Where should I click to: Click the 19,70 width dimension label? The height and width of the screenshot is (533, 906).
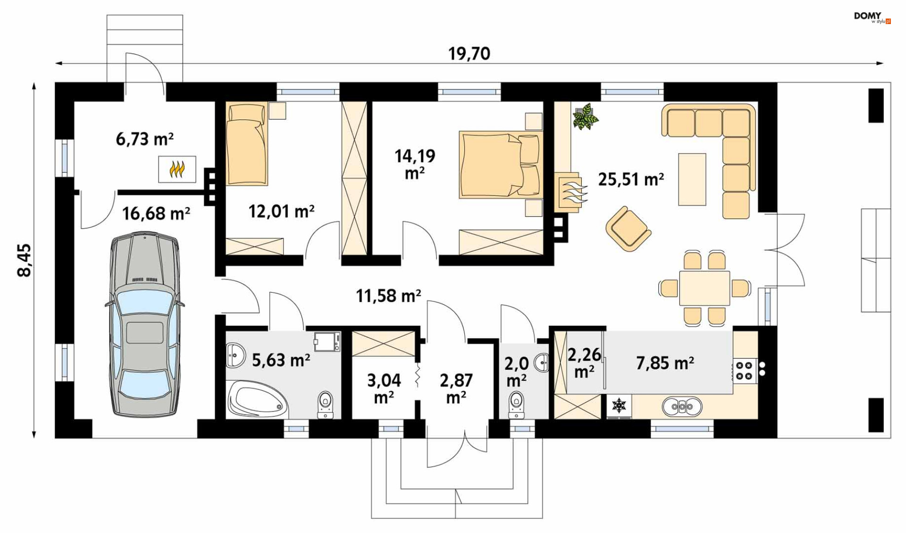coord(469,53)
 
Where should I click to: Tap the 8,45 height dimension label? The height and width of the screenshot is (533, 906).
coord(24,260)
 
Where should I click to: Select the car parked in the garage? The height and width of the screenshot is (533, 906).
coord(145,325)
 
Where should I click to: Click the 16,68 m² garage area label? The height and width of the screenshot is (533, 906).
coord(156,213)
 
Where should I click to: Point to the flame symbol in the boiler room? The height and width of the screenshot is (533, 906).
coord(177,169)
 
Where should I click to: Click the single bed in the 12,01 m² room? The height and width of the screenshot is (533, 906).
coord(246,144)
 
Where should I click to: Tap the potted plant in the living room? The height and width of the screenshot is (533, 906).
coord(586,117)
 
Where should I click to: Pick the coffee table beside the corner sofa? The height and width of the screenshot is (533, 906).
coord(692,179)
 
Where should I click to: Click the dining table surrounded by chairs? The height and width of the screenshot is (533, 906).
coord(705,288)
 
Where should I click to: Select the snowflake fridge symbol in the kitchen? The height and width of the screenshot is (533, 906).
coord(619,405)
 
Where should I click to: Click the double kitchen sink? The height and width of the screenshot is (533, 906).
coord(682,406)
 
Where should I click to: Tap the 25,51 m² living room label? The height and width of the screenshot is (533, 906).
coord(631,179)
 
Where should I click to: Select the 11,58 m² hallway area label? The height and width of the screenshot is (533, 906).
coord(388,296)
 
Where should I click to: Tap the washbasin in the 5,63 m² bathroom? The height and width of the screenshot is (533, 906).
coord(235,355)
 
